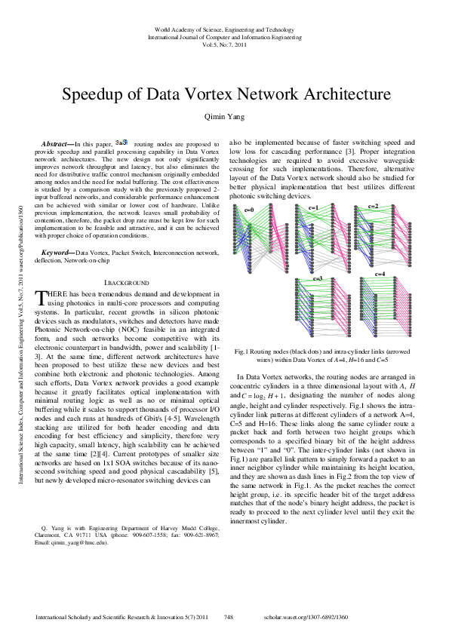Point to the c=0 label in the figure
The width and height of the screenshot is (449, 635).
(248, 209)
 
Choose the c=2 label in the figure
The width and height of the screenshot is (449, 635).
(373, 205)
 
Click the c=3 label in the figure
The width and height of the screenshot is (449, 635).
(318, 278)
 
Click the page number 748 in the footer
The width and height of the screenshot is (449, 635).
(229, 617)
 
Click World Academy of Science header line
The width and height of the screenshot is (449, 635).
(225, 29)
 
